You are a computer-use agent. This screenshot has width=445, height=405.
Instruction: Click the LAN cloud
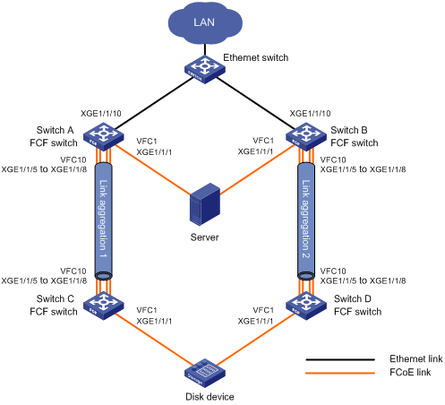pyautogui.click(x=205, y=23)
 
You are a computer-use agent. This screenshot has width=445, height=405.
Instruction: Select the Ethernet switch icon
pyautogui.click(x=205, y=69)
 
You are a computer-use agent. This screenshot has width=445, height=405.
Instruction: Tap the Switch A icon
pyautogui.click(x=103, y=136)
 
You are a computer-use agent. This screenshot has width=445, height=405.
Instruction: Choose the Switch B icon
pyautogui.click(x=306, y=136)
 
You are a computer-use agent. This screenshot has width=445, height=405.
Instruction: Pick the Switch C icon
pyautogui.click(x=103, y=306)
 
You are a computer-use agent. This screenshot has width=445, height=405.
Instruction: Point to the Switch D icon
pyautogui.click(x=306, y=306)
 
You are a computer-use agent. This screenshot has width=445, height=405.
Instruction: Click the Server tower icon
pyautogui.click(x=205, y=204)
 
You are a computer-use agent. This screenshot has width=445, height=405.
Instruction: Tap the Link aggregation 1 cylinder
pyautogui.click(x=103, y=221)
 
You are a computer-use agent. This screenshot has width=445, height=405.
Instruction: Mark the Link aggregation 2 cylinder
pyautogui.click(x=306, y=221)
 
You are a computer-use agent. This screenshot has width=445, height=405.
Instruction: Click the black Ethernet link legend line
pyautogui.click(x=340, y=359)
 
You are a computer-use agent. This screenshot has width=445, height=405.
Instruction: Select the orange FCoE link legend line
pyautogui.click(x=340, y=373)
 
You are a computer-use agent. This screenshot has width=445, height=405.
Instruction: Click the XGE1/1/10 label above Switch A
pyautogui.click(x=101, y=114)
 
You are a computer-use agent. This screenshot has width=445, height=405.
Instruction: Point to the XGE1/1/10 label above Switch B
pyautogui.click(x=310, y=114)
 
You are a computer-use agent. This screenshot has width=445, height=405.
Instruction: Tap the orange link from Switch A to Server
pyautogui.click(x=153, y=169)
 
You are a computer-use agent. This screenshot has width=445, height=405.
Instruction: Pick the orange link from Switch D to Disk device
pyautogui.click(x=255, y=340)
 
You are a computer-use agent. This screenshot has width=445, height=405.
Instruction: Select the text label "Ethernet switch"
pyautogui.click(x=256, y=57)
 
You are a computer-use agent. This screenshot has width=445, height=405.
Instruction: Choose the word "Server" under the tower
pyautogui.click(x=205, y=237)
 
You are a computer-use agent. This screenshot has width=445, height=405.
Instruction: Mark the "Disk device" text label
pyautogui.click(x=210, y=397)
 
